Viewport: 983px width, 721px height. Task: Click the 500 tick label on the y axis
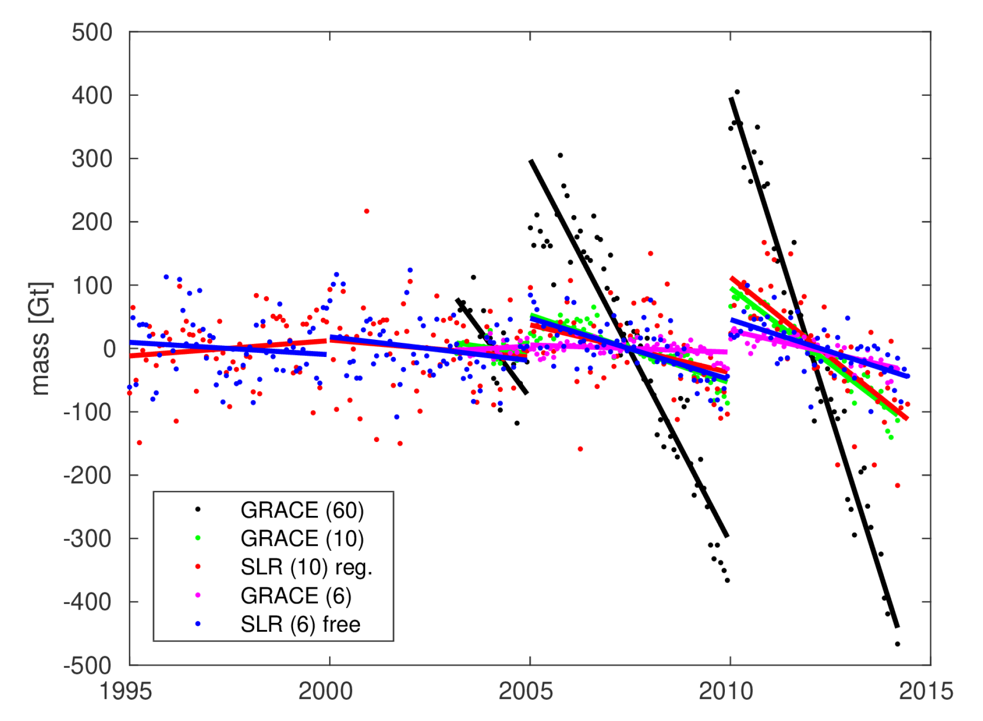pos(92,33)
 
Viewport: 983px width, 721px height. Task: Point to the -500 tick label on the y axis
pos(87,665)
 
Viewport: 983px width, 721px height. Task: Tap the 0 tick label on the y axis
pos(109,349)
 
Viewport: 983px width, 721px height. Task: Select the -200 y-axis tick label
pos(87,475)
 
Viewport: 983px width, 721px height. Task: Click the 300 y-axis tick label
pos(92,159)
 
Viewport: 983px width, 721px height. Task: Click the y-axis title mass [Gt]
pos(40,338)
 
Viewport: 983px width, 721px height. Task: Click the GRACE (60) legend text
pos(302,510)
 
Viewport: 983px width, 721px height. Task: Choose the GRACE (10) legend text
pos(302,538)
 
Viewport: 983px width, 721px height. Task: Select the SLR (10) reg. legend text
pos(306,567)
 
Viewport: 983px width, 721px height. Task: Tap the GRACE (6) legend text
pos(296,595)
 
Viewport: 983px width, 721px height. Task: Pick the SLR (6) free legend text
pos(300,624)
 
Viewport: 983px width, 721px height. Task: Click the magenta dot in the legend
pos(198,595)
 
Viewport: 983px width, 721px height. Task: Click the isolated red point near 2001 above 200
pos(366,211)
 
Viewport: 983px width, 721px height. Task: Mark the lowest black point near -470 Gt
pos(897,644)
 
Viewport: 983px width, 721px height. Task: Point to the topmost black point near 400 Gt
pos(737,92)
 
